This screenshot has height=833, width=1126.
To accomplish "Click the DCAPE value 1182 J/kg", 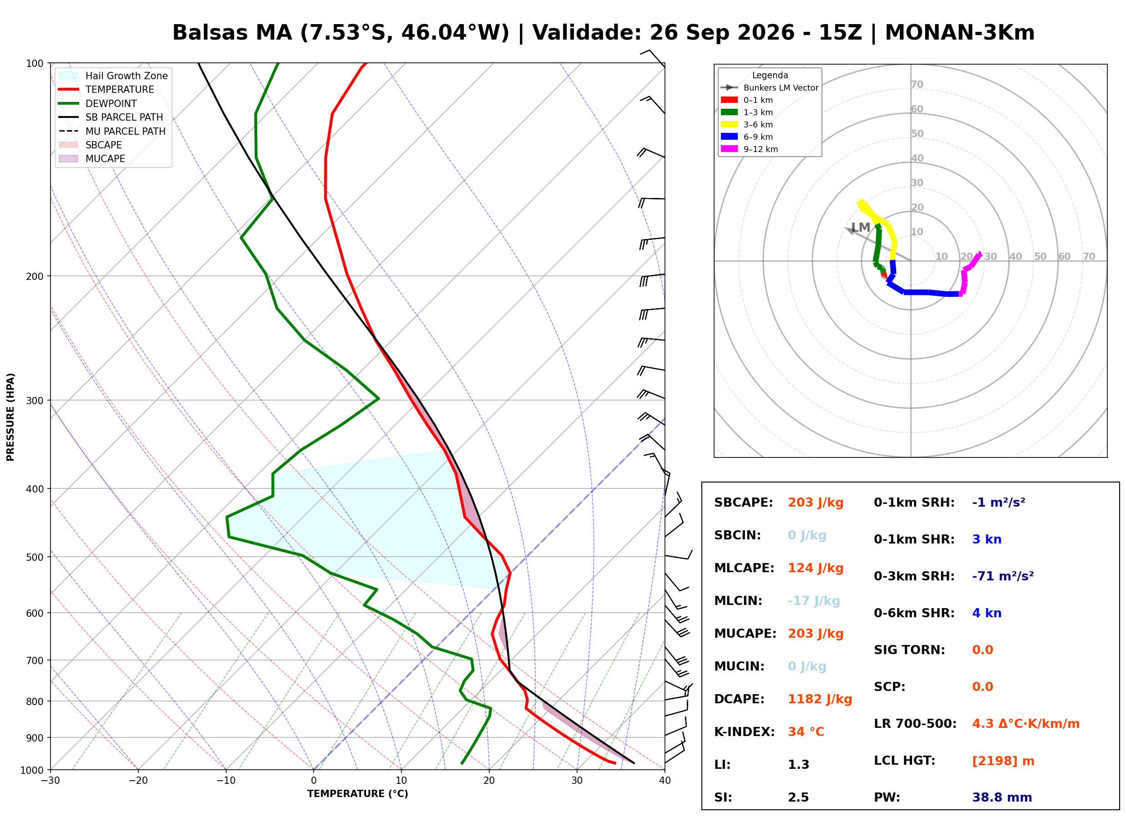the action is [820, 699].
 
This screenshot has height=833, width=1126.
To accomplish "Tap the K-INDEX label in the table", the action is [745, 731].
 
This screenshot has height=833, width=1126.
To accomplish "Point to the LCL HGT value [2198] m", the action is [1003, 761].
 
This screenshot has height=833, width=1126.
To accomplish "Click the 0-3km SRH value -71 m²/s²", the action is [1003, 576].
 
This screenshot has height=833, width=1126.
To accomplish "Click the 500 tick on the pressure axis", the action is [35, 557].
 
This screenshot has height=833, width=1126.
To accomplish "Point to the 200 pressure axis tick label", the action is [35, 276].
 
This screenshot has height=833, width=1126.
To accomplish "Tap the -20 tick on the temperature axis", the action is [138, 781].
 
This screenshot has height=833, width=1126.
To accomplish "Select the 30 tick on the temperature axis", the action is [577, 781].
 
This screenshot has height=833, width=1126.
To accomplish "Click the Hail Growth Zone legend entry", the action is [113, 76].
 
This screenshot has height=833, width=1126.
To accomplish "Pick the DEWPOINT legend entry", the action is [98, 103].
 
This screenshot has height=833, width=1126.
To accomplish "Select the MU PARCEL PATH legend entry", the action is [112, 131].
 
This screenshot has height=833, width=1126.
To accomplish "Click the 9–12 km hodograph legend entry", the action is [750, 149].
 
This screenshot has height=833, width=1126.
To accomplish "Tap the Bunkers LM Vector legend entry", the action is [770, 88].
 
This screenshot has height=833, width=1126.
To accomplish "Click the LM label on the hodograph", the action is [860, 228].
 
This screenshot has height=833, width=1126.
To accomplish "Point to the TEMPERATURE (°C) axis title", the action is [357, 794].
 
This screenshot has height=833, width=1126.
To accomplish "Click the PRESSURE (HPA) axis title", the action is [10, 417].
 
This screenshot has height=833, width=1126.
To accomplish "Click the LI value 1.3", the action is [798, 765].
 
